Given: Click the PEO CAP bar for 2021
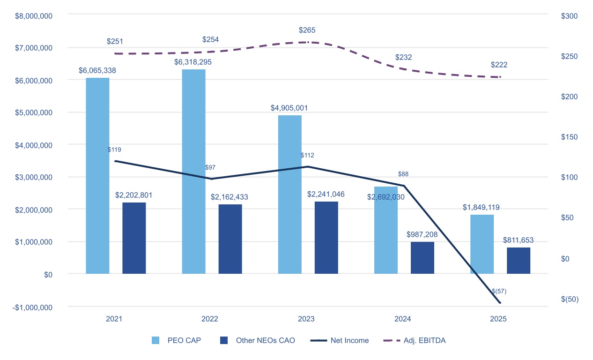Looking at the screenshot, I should click(x=97, y=176).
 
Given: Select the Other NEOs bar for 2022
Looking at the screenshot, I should click(x=230, y=239).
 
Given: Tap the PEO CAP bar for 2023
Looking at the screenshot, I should click(x=290, y=195).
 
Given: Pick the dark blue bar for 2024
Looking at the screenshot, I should click(x=423, y=258).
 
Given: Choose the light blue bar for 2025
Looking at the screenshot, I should click(x=482, y=244).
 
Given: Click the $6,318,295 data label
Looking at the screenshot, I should click(x=193, y=62).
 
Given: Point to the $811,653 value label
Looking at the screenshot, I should click(x=518, y=240).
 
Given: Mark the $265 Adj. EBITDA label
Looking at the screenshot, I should click(x=307, y=30).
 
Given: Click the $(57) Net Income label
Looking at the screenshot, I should click(x=499, y=291).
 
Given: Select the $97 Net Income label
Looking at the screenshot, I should click(x=211, y=167).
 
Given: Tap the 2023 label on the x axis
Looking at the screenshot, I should click(x=306, y=319).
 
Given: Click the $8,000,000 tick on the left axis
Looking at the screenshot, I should click(x=33, y=15).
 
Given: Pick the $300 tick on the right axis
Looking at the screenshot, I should click(x=569, y=16).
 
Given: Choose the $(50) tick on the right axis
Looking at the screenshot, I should click(x=570, y=299).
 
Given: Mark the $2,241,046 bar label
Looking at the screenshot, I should click(x=326, y=194).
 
